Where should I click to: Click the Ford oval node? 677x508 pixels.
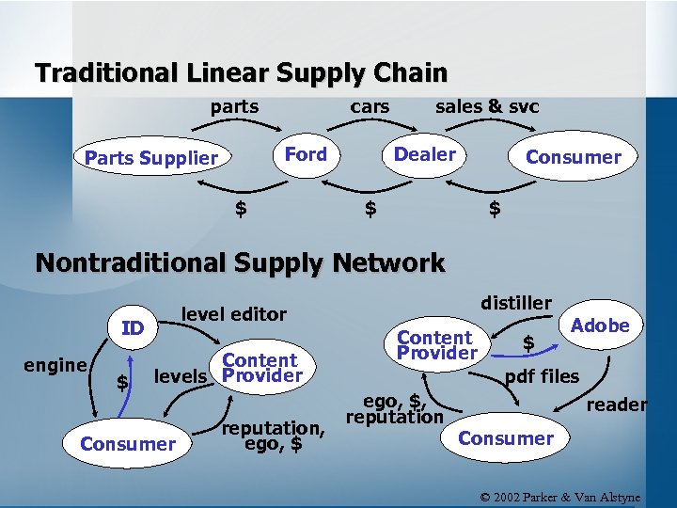click(306, 155)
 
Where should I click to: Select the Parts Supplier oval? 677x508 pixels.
click(151, 158)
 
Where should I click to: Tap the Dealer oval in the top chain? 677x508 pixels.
click(424, 155)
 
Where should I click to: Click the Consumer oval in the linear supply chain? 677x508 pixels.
click(573, 157)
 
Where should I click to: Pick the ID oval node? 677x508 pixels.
click(133, 327)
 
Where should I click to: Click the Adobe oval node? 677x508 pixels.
click(600, 325)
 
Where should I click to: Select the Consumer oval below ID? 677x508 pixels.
click(128, 443)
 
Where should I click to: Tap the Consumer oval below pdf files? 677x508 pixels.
click(506, 438)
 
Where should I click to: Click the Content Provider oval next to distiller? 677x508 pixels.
click(436, 345)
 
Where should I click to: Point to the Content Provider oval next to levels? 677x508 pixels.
click(260, 368)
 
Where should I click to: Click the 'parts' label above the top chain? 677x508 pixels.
click(234, 106)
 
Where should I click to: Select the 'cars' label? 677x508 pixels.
click(370, 106)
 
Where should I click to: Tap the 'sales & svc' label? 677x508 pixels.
click(487, 106)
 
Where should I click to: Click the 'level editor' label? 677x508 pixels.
click(233, 313)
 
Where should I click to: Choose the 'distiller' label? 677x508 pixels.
click(516, 302)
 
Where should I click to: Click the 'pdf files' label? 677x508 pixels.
click(542, 377)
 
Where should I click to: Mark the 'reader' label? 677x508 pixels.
click(617, 405)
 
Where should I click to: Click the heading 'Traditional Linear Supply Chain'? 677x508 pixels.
click(241, 72)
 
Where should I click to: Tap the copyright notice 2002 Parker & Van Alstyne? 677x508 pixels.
click(560, 496)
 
